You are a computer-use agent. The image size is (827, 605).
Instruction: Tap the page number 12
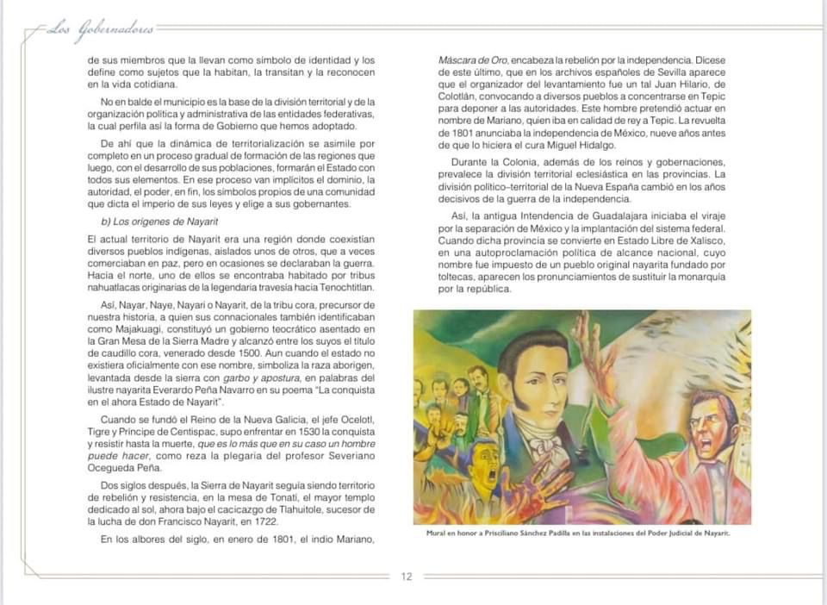coord(407,577)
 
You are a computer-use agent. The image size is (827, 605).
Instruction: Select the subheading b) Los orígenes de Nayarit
coord(153,221)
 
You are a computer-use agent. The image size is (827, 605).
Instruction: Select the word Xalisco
coord(705,240)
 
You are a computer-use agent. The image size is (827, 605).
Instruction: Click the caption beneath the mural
coord(578,533)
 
